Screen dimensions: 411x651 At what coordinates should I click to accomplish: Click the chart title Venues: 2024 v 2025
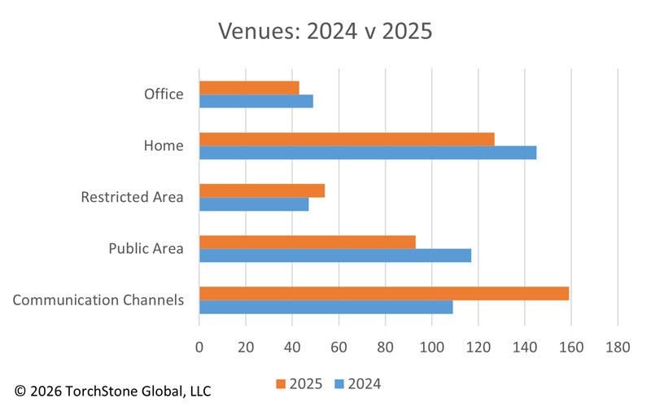pos(325,32)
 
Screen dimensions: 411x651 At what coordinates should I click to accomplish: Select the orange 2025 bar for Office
pos(249,88)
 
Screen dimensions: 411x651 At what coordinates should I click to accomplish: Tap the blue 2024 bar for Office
pos(256,102)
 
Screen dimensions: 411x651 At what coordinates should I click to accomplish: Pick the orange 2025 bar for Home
pos(347,139)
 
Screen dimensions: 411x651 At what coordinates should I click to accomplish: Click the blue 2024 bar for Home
pos(368,153)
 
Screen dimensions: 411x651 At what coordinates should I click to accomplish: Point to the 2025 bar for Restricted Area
pos(262,190)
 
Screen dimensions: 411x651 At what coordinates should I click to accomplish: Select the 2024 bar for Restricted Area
pos(254,204)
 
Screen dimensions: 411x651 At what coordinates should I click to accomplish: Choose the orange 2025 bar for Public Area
pos(308,242)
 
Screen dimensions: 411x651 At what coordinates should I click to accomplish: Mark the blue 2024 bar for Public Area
pos(335,256)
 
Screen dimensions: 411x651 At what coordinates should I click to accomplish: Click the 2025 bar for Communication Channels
pos(384,293)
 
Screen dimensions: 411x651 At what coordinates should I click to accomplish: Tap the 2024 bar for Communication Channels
pos(325,307)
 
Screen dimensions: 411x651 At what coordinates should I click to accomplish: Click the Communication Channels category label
pos(98,300)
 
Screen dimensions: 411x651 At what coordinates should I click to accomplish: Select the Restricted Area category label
pos(132,198)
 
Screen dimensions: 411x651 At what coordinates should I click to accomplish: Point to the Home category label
pos(164,146)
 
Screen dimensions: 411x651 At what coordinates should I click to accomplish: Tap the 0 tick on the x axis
pos(199,348)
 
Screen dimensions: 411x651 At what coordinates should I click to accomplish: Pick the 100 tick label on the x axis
pos(431,348)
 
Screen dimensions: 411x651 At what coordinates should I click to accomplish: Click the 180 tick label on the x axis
pos(618,348)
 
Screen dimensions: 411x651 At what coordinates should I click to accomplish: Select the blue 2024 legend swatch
pos(339,384)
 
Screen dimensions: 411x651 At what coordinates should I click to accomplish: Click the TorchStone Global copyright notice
pos(112,391)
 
